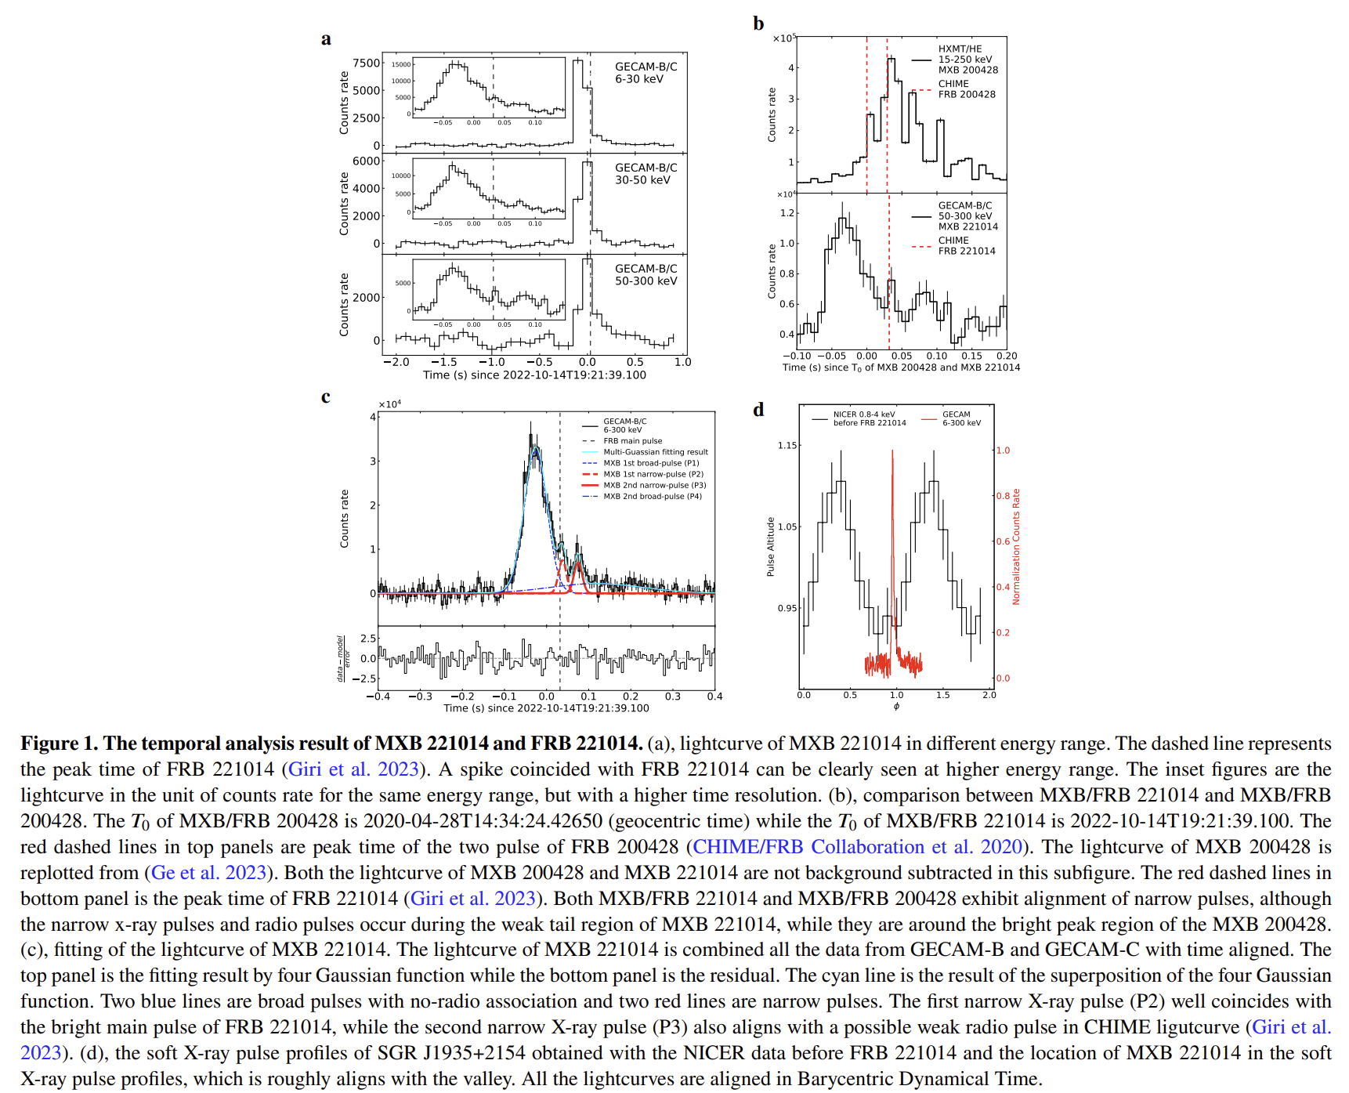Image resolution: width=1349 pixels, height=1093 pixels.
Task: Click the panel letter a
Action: coord(326,39)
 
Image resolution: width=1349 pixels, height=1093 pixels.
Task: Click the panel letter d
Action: coord(758,410)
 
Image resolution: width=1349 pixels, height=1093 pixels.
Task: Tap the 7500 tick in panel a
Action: coord(366,63)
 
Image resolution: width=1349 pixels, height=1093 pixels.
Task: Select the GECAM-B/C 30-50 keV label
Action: coord(646,174)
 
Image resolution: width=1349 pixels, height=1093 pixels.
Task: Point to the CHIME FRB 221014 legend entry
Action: coord(967,246)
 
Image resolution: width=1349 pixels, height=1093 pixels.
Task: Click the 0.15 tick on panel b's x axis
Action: coord(971,356)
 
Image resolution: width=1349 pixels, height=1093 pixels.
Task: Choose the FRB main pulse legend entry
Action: coord(632,441)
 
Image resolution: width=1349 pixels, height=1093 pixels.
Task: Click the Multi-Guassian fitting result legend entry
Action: coord(655,452)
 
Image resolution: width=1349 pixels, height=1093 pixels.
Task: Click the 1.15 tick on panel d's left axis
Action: coord(787,446)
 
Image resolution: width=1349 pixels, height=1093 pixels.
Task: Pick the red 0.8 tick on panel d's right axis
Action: coord(1003,496)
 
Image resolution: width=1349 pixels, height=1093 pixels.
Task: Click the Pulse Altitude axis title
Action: coord(770,547)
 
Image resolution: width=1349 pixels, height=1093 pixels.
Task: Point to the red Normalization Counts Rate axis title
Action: coord(1016,547)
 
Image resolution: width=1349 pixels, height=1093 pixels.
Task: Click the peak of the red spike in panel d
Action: coord(892,451)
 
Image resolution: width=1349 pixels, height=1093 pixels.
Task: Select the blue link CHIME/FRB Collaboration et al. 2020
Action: coord(858,847)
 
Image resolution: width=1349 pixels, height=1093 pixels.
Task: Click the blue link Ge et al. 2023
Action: coord(208,873)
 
